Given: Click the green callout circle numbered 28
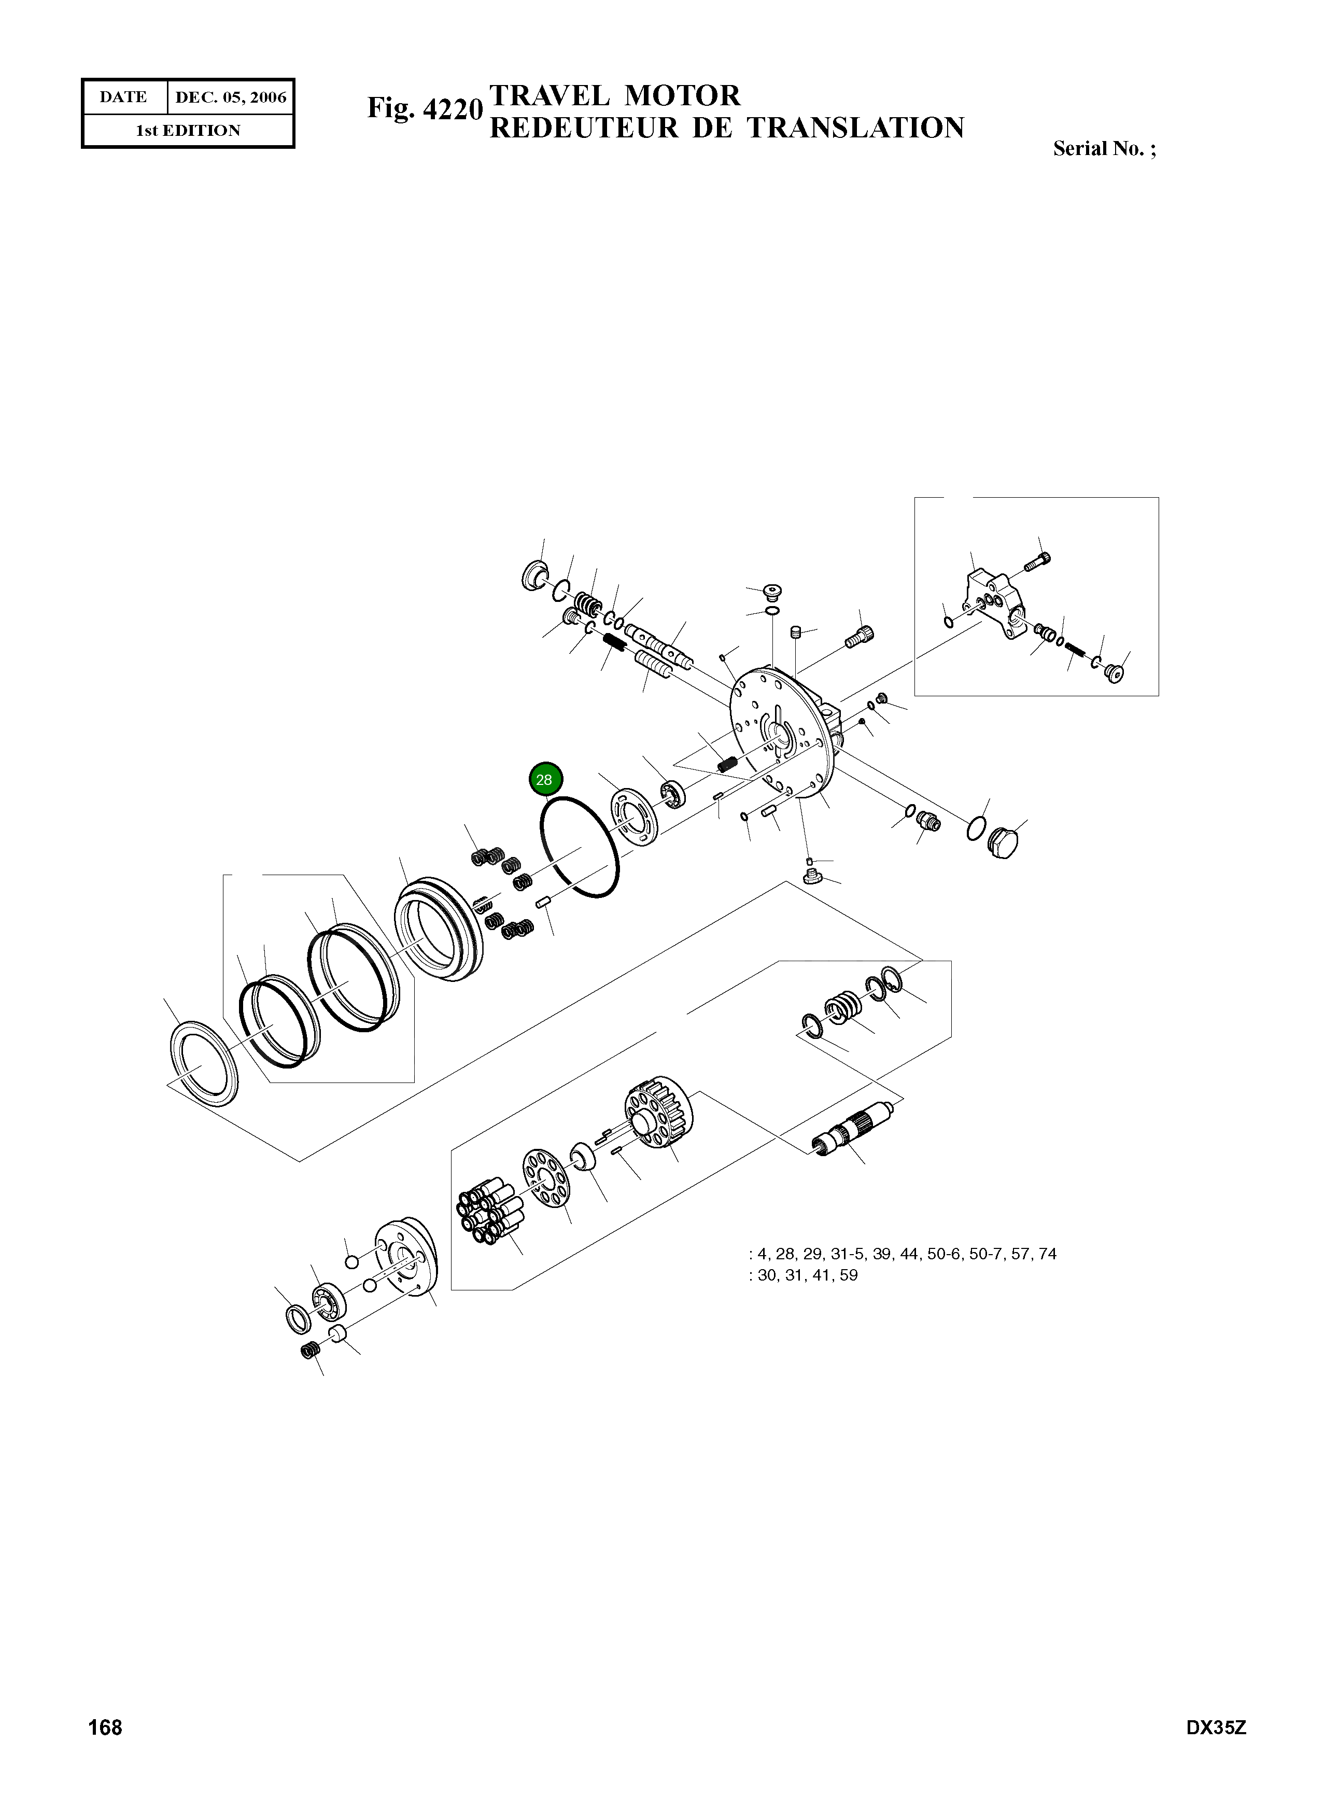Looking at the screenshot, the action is point(545,779).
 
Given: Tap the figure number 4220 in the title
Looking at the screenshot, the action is point(452,109).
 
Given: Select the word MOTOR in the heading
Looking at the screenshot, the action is point(682,96).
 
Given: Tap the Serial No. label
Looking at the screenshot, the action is point(1104,149).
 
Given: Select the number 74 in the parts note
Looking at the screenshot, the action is point(1047,1254).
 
